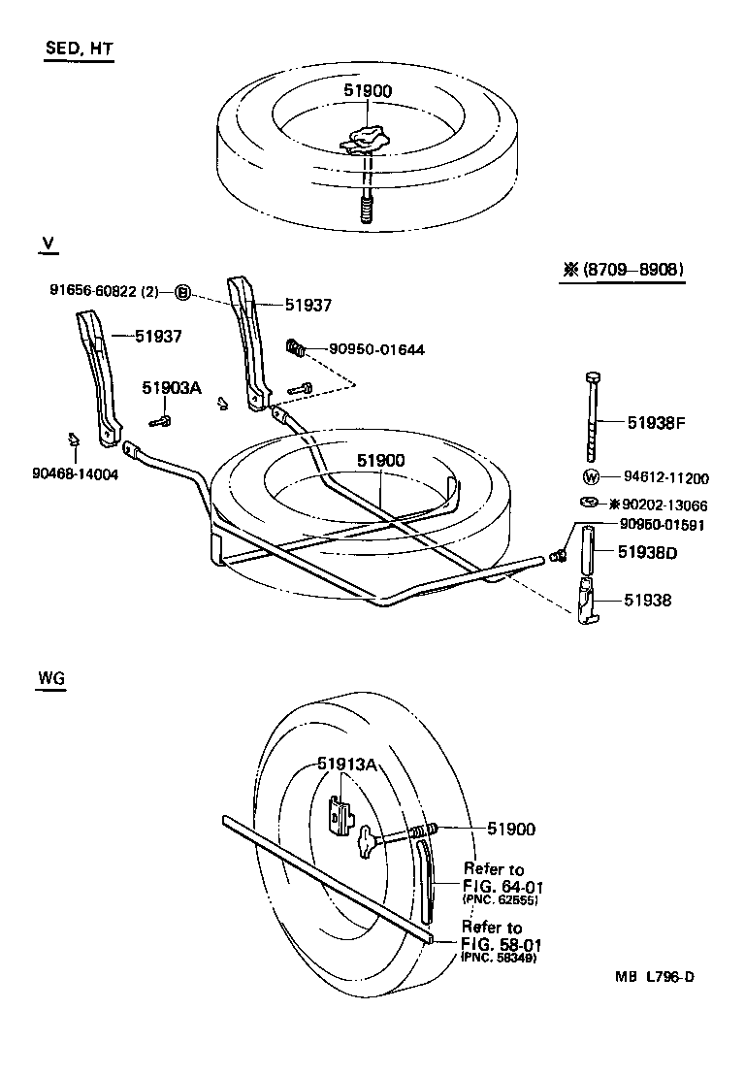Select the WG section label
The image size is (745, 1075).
point(50,679)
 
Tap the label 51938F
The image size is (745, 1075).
point(656,422)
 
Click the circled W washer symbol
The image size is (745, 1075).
point(591,476)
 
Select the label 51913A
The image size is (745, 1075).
point(346,764)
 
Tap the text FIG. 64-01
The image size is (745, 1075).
point(501,885)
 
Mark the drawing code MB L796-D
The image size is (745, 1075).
point(654,977)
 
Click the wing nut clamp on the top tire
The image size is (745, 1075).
point(366,139)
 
